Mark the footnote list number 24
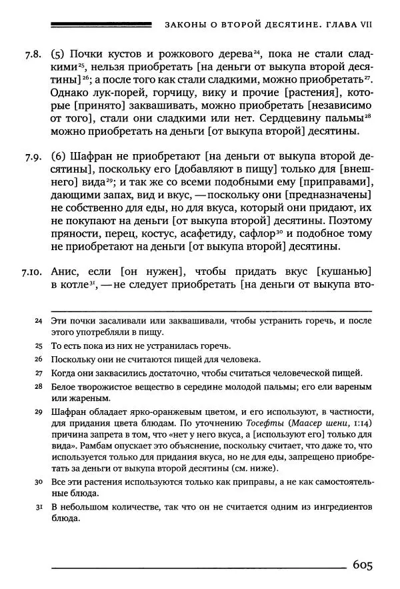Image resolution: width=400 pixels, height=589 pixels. tap(39, 322)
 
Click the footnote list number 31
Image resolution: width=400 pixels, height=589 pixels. tap(39, 508)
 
